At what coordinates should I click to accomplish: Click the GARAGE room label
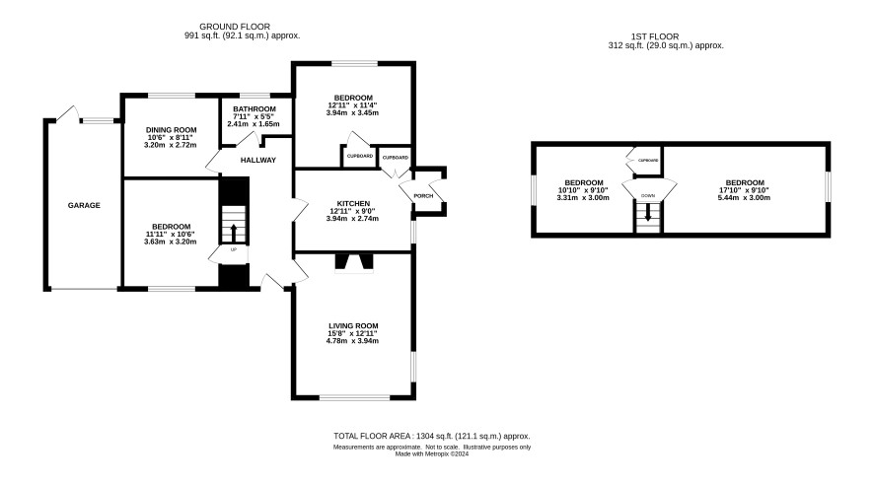[x=84, y=205]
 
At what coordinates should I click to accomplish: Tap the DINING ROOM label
[x=171, y=130]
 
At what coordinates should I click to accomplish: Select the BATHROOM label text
[x=255, y=109]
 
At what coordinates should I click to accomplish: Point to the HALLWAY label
[x=258, y=161]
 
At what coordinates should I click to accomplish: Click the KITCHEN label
[x=353, y=204]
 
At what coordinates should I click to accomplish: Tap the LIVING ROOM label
[x=353, y=326]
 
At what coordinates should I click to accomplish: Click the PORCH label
[x=423, y=196]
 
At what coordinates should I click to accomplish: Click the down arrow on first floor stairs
[x=648, y=212]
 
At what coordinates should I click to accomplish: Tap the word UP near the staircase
[x=234, y=250]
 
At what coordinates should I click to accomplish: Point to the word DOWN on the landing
[x=648, y=196]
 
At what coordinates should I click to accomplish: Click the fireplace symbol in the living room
[x=354, y=263]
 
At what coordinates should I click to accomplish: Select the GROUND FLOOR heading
[x=235, y=27]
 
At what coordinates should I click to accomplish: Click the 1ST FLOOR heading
[x=655, y=36]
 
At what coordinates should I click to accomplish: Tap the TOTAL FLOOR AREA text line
[x=432, y=437]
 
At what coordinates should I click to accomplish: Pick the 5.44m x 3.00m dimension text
[x=745, y=198]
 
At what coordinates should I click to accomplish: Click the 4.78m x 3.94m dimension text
[x=352, y=341]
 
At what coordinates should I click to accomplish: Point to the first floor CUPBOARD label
[x=648, y=161]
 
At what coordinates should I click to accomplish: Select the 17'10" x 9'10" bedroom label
[x=745, y=190]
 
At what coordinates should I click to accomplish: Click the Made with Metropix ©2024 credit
[x=432, y=454]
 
